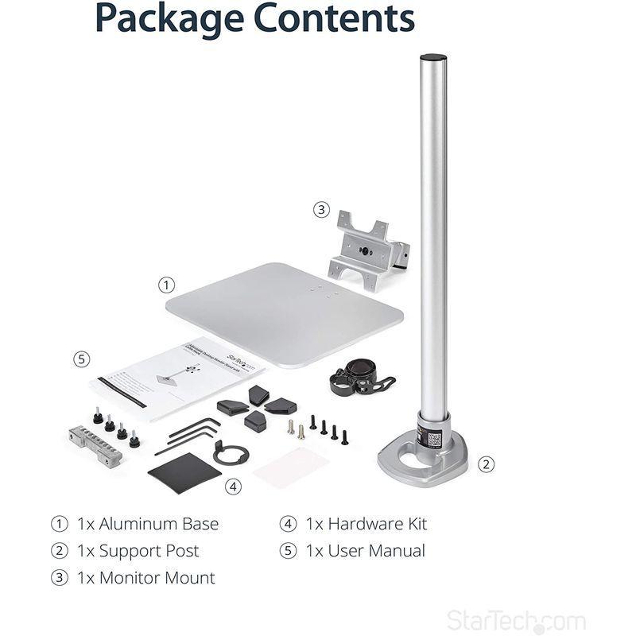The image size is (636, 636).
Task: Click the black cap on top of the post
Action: click(x=432, y=58)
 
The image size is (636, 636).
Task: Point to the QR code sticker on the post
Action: click(x=434, y=438)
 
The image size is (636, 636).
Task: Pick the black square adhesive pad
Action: click(x=184, y=472)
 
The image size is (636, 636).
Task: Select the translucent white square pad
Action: click(x=292, y=467)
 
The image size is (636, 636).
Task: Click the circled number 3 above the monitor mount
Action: click(x=321, y=210)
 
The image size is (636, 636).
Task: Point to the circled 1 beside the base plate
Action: click(x=165, y=284)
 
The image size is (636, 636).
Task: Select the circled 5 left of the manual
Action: click(x=82, y=359)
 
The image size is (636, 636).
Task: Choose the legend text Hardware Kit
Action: click(x=377, y=524)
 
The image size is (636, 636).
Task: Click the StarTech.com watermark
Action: click(x=516, y=621)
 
